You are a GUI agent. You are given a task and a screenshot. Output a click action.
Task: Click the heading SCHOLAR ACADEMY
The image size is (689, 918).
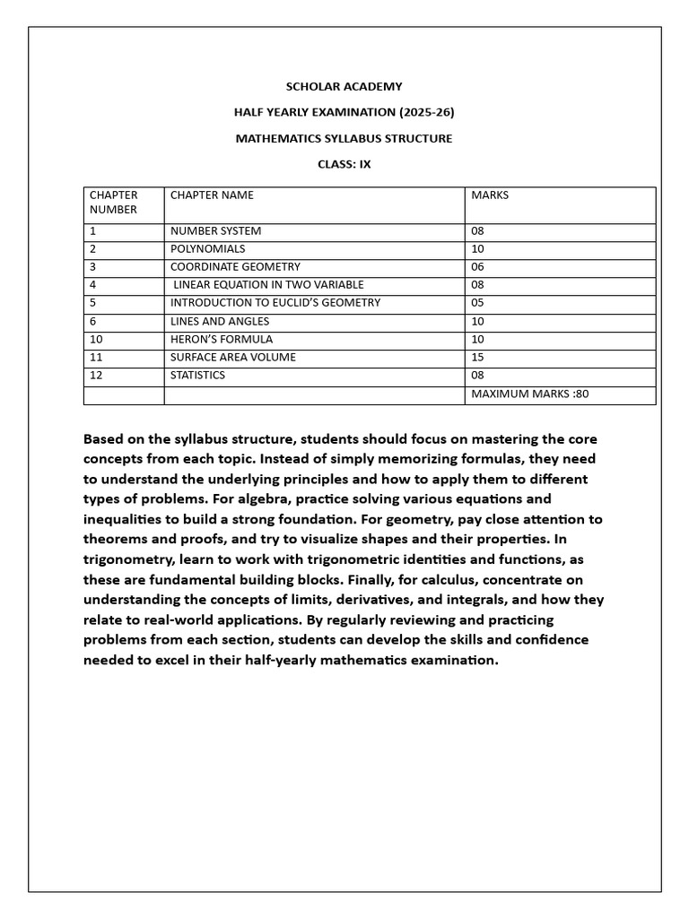pyautogui.click(x=344, y=87)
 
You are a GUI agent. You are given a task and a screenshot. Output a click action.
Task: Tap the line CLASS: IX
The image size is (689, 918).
pyautogui.click(x=344, y=164)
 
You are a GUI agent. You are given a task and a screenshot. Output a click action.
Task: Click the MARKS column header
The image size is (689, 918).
pyautogui.click(x=489, y=195)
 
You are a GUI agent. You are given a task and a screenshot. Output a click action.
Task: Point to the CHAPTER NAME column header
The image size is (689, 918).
pyautogui.click(x=212, y=195)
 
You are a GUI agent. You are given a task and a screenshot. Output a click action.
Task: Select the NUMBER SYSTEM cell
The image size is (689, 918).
pyautogui.click(x=215, y=230)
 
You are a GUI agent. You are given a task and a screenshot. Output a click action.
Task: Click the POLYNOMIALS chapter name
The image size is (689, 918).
pyautogui.click(x=207, y=248)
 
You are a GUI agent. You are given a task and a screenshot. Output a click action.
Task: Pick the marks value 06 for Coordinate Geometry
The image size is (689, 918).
pyautogui.click(x=477, y=267)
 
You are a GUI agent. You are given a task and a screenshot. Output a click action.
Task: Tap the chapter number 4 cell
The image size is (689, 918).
pyautogui.click(x=92, y=285)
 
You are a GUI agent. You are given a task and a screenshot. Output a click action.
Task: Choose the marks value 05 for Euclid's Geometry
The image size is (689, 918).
pyautogui.click(x=477, y=303)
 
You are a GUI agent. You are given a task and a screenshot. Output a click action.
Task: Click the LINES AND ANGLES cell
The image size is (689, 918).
pyautogui.click(x=220, y=321)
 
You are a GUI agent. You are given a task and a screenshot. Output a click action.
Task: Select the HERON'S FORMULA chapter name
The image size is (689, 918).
pyautogui.click(x=222, y=340)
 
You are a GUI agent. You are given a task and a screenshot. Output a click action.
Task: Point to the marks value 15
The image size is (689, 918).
pyautogui.click(x=477, y=358)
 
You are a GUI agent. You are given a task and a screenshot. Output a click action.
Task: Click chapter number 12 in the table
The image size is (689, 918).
pyautogui.click(x=95, y=376)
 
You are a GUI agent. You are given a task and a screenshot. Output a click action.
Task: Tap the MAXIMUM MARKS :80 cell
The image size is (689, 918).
pyautogui.click(x=529, y=394)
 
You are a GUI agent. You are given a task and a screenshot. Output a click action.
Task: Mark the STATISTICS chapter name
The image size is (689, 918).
pyautogui.click(x=197, y=376)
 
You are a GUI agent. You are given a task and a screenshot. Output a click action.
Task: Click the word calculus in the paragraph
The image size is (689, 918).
pyautogui.click(x=433, y=579)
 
